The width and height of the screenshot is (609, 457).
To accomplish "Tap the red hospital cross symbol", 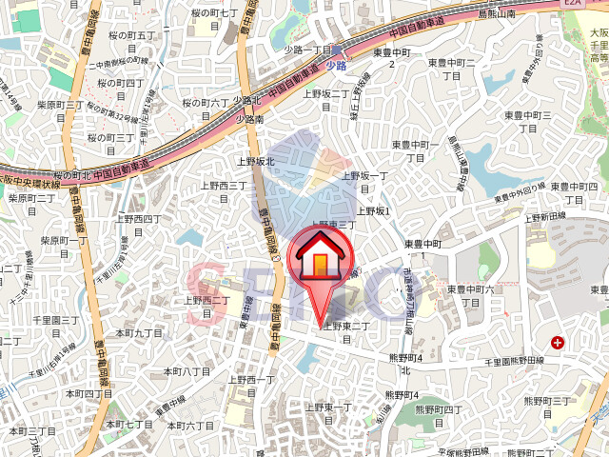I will (557, 342).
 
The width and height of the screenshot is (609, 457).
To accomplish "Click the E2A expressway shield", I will (573, 4).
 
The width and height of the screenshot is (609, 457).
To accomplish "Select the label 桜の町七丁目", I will (214, 19).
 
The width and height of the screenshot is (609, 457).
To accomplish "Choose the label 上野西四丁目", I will (140, 226).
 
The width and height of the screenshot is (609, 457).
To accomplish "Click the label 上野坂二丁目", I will (325, 100).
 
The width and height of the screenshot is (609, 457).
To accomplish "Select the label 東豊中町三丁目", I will (527, 121).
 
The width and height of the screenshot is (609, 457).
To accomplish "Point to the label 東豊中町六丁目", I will (472, 295).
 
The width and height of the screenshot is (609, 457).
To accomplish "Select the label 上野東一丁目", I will (328, 414).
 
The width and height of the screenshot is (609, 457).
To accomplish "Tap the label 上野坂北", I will (256, 161).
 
